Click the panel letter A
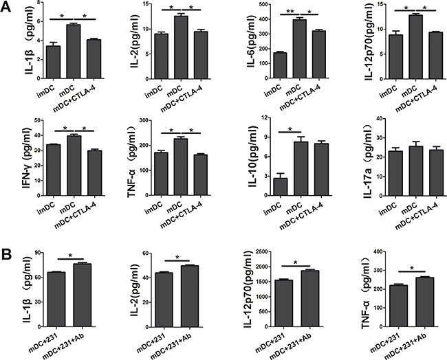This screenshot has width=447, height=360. point(6,6)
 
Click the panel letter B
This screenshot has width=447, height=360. point(6,255)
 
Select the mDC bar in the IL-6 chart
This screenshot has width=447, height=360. point(300,49)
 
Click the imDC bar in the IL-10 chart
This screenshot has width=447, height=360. point(280,187)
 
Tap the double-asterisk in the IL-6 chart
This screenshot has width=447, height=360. point(290,12)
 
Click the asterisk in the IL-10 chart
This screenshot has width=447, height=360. point(290,130)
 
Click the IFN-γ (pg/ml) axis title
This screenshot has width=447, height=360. point(28,159)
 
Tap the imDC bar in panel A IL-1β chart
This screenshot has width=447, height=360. point(53,63)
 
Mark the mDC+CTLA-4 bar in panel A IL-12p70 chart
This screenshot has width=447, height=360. point(435,56)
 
